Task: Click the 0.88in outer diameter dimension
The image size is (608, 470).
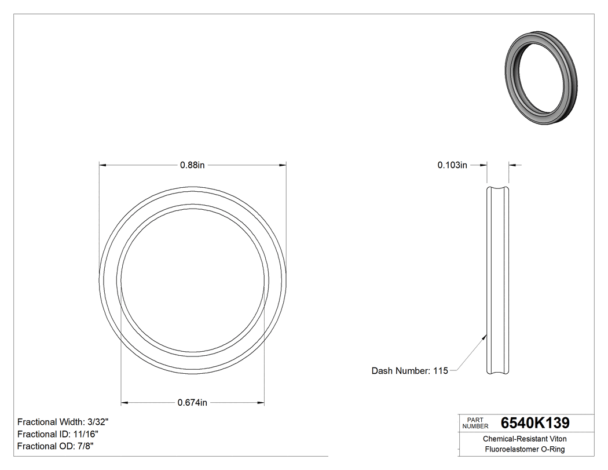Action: point(192,165)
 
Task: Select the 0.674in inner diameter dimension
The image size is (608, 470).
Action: point(192,402)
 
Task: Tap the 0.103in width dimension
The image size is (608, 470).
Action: point(452,165)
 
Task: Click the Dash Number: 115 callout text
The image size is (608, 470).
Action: point(409,371)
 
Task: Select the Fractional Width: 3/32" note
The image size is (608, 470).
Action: point(63,422)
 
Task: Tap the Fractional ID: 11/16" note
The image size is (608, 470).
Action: point(58,434)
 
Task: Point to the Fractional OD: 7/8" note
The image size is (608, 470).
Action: point(56,446)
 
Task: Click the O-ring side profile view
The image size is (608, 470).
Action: point(497,280)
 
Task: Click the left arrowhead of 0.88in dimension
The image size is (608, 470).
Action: point(102,165)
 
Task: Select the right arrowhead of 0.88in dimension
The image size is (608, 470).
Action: point(283,165)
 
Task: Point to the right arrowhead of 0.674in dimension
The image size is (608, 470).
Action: point(261,402)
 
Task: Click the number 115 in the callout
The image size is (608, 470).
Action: point(441,371)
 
